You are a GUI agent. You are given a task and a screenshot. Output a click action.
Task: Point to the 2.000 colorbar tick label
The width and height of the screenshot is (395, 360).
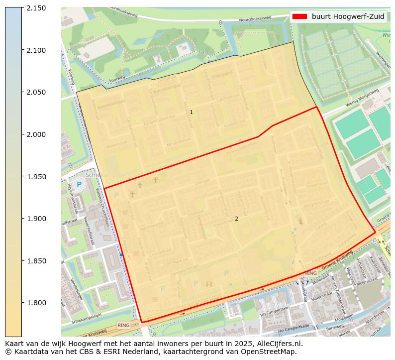(36, 134)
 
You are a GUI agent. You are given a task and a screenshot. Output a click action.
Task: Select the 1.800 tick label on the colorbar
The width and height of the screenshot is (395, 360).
(36, 303)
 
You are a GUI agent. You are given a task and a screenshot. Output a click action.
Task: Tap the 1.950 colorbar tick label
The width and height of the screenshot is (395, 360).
(36, 177)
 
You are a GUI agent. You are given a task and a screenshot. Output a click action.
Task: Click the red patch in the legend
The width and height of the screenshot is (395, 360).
(299, 16)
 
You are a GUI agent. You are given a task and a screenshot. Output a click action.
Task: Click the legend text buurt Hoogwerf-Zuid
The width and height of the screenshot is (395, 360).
(348, 16)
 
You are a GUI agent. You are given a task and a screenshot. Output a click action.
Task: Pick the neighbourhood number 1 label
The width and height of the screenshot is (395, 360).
(191, 113)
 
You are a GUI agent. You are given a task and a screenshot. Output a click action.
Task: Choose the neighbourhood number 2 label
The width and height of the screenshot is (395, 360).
(236, 219)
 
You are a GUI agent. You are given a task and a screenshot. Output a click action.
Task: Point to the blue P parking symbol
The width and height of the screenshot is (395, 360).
(80, 185)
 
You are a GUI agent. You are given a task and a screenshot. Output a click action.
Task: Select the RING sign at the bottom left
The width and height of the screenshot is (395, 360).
(123, 325)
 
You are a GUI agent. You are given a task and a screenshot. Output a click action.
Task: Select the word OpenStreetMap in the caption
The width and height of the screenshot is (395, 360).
(273, 352)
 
